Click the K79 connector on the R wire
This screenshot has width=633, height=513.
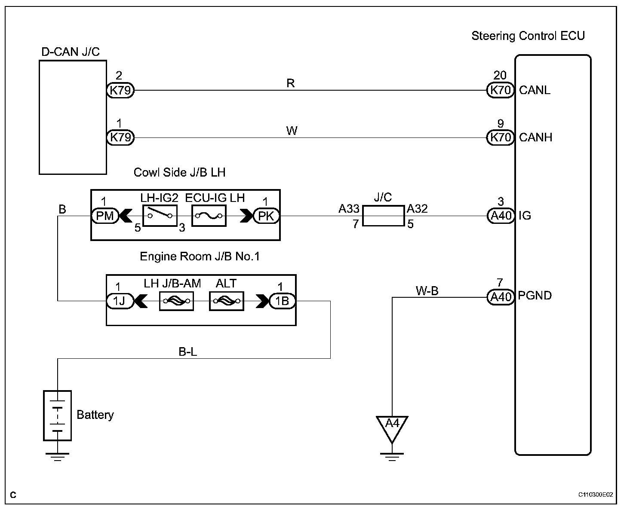pyautogui.click(x=120, y=90)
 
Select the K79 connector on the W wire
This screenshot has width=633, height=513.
pyautogui.click(x=120, y=137)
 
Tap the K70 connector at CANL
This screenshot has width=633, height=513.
pyautogui.click(x=501, y=90)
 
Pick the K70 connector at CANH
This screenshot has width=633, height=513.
pyautogui.click(x=501, y=137)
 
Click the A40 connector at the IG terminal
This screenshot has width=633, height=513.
pyautogui.click(x=501, y=216)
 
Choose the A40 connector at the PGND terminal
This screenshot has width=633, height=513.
pyautogui.click(x=501, y=296)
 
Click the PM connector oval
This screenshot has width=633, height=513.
pyautogui.click(x=105, y=216)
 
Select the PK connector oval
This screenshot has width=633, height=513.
pyautogui.click(x=266, y=216)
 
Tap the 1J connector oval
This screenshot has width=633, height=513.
pyautogui.click(x=120, y=301)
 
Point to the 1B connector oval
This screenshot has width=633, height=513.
pyautogui.click(x=283, y=301)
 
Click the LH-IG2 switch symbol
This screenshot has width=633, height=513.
pyautogui.click(x=160, y=216)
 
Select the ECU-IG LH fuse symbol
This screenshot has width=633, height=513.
pyautogui.click(x=209, y=216)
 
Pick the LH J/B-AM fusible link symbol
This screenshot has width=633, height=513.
pyautogui.click(x=177, y=301)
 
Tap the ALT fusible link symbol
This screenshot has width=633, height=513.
pyautogui.click(x=227, y=301)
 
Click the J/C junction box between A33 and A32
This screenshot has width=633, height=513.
pyautogui.click(x=383, y=216)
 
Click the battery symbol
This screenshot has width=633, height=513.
pyautogui.click(x=57, y=415)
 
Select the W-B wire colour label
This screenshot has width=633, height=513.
pyautogui.click(x=427, y=290)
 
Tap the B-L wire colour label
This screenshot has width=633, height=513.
pyautogui.click(x=187, y=352)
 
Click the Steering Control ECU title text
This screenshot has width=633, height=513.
pyautogui.click(x=528, y=36)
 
